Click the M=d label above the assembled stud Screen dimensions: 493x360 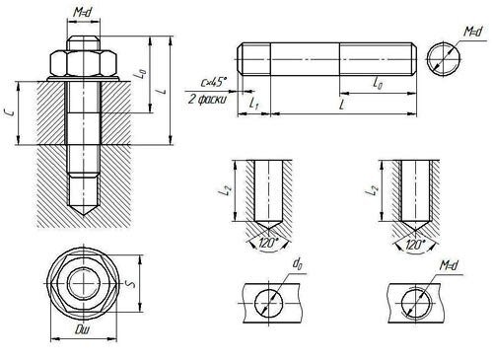click(82, 13)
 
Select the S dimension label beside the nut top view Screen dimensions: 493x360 click(131, 283)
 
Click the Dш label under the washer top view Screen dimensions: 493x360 click(82, 329)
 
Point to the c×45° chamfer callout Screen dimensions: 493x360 click(214, 82)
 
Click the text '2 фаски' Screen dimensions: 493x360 click(207, 100)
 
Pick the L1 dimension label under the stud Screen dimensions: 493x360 click(253, 105)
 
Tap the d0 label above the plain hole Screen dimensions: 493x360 click(298, 263)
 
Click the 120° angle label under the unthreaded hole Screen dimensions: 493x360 click(268, 244)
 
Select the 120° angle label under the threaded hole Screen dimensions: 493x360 click(415, 245)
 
